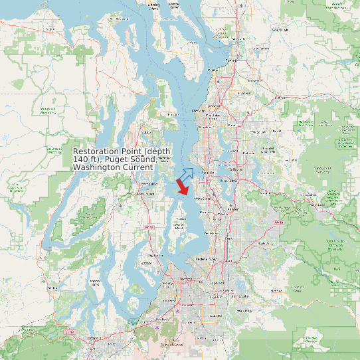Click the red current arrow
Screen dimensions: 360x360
(x=182, y=189)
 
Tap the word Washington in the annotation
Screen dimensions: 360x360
(x=96, y=167)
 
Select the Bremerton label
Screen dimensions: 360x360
(x=149, y=183)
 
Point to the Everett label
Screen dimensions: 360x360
(x=231, y=60)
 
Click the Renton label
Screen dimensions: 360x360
(x=232, y=209)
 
